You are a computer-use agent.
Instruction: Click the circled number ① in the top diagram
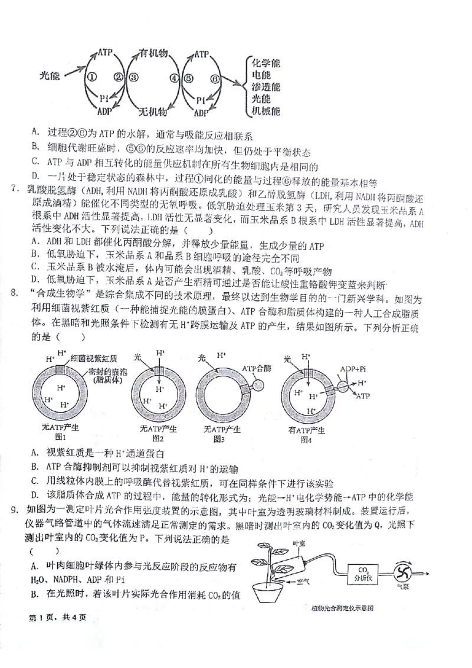91,77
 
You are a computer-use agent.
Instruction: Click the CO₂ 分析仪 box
361,574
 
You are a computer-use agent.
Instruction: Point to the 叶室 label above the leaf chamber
299,543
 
